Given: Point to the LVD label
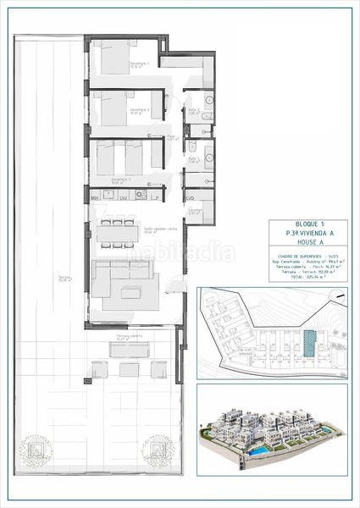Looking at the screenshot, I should (191, 197).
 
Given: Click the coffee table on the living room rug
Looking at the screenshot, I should (130, 293).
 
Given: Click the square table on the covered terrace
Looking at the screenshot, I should (129, 368).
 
